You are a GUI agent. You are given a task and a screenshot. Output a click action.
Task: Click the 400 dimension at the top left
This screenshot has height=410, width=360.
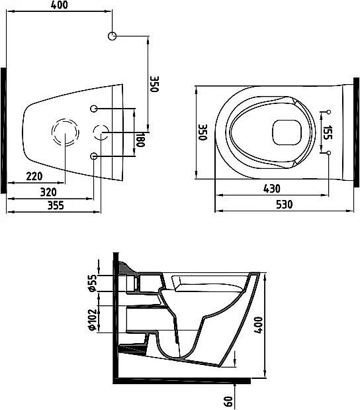(60, 5)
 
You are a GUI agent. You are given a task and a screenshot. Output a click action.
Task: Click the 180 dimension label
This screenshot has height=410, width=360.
(140, 139)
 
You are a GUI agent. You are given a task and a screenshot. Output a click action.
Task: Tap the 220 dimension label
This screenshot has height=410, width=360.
(34, 176)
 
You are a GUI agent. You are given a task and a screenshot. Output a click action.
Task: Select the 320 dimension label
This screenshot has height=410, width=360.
(48, 192)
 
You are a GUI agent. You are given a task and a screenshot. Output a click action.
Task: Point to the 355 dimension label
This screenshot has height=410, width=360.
(56, 205)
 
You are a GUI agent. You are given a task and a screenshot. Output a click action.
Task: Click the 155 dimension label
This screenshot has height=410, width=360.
(328, 132)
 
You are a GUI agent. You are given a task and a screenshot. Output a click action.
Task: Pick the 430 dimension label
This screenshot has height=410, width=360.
(272, 189)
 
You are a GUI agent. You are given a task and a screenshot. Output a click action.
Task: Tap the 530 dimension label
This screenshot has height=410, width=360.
(285, 205)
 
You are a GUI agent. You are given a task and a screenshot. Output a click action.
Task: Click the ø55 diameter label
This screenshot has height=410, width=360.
(93, 283)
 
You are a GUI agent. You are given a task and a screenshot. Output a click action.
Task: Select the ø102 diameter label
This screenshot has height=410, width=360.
(93, 320)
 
